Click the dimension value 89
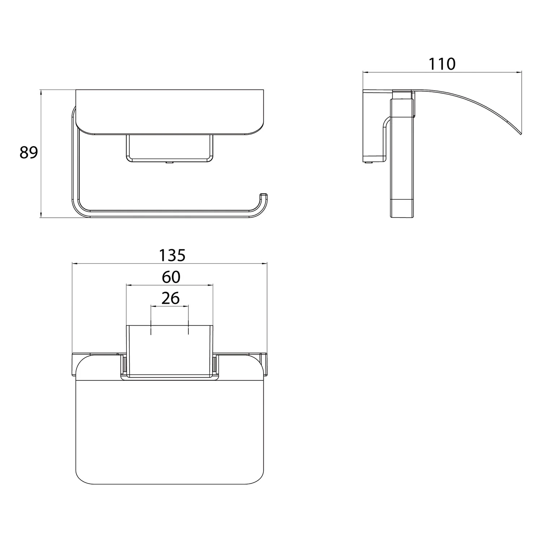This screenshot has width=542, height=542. [29, 153]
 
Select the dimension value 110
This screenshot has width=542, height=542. [442, 64]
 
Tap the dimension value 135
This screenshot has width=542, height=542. [172, 255]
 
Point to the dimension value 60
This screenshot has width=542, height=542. [171, 277]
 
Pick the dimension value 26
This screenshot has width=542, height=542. [171, 298]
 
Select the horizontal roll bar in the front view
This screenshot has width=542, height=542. [170, 214]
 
